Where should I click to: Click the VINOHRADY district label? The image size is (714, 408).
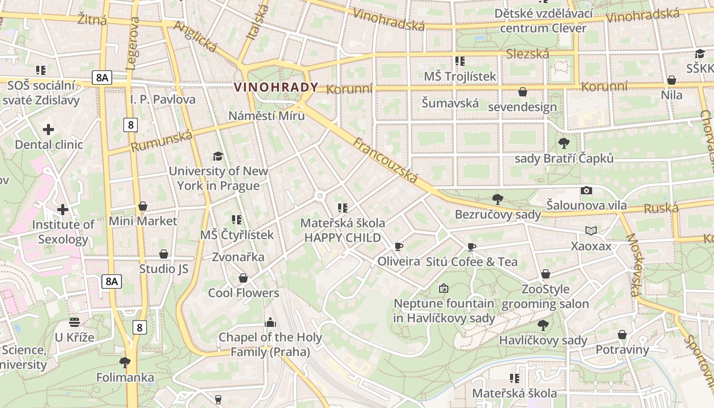276,87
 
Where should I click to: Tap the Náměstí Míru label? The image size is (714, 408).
266,116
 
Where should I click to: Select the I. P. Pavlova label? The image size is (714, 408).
163,99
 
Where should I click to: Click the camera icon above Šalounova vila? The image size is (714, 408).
586,191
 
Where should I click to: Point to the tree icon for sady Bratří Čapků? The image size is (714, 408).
564,143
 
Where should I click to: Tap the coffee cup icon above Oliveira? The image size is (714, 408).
399,247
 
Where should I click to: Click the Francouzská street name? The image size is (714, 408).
386,160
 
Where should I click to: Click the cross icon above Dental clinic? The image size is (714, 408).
48,130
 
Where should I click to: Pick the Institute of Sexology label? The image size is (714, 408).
63,232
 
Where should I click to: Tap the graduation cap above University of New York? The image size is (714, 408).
218,156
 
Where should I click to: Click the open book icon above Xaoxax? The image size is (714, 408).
591,231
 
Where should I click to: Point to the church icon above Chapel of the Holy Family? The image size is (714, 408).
270,322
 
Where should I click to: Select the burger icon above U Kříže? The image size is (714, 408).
74,322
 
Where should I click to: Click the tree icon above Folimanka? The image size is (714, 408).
125,363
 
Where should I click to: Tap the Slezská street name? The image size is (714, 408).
527,54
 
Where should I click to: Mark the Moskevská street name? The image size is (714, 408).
632,265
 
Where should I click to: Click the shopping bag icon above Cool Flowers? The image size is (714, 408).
243,278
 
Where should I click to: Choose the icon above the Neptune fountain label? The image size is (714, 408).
444,288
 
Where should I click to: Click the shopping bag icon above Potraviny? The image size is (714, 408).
622,335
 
